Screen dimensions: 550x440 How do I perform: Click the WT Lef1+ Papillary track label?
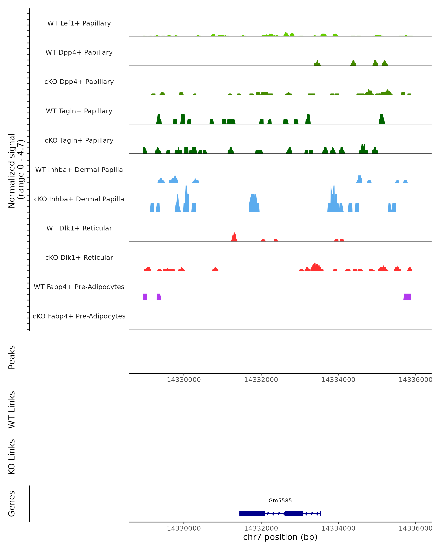point(79,23)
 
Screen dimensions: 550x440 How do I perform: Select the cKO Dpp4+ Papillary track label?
point(79,82)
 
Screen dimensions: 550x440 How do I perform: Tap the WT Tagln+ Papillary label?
point(79,111)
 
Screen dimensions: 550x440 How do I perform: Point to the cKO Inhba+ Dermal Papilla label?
point(79,199)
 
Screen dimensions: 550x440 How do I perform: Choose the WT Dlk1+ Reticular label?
point(79,228)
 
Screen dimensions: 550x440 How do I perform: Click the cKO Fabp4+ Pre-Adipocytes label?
point(79,316)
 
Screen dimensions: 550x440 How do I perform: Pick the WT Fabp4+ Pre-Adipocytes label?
point(79,287)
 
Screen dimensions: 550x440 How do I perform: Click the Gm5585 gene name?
point(280,500)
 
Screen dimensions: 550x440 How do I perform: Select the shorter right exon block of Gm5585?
point(294,514)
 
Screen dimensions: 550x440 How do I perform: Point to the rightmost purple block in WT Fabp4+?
point(407,297)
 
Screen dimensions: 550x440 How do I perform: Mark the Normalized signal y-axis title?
point(16,171)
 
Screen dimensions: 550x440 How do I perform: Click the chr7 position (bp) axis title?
point(280,537)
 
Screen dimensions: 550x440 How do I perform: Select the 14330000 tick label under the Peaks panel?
point(184,380)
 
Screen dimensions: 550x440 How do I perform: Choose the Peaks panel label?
point(12,357)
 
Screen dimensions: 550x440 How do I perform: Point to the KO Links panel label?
point(12,457)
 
